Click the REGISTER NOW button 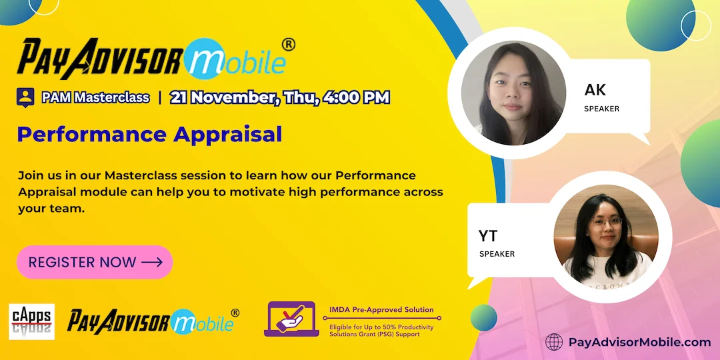(95, 262)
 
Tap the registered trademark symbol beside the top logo (289, 45)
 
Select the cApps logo (31, 321)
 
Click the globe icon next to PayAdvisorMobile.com (554, 342)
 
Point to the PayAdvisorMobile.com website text (639, 342)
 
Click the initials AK (595, 90)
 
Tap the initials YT (488, 235)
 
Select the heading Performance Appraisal (149, 134)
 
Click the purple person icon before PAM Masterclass (25, 97)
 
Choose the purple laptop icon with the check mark (292, 319)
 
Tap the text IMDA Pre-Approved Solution (381, 310)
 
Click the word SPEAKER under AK (601, 109)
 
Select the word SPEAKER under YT (497, 254)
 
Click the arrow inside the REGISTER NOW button (152, 262)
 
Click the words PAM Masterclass (95, 97)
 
